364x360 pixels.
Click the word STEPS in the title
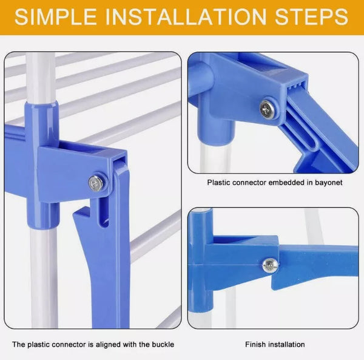point(312,16)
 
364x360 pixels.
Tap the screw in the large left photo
point(96,182)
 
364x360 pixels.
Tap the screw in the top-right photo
point(266,109)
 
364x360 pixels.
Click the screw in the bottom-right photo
point(269,265)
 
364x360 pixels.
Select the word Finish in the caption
point(255,345)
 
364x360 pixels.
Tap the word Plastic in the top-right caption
point(219,182)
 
